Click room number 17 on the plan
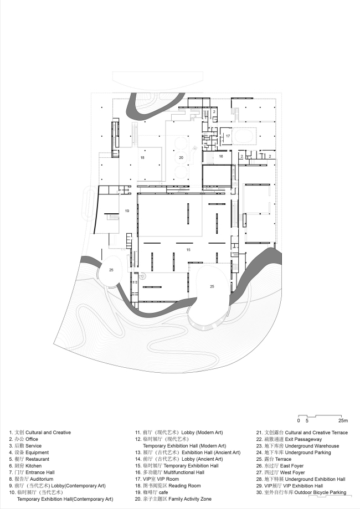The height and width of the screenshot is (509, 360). [228, 136]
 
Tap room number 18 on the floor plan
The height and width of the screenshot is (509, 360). [142, 158]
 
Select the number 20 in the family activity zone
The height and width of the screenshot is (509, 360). [181, 158]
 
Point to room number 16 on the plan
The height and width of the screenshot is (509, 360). [221, 156]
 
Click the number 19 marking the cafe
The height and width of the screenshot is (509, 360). [127, 211]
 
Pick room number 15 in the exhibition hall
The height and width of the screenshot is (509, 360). [188, 250]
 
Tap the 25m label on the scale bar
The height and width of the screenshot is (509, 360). [343, 421]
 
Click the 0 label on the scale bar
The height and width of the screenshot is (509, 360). [299, 421]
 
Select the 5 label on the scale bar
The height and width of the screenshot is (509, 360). [307, 421]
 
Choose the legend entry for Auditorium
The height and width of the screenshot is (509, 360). [31, 479]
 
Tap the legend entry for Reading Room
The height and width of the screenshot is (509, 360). [168, 486]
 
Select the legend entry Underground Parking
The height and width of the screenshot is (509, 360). [294, 453]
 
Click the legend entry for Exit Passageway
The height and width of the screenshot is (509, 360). [289, 439]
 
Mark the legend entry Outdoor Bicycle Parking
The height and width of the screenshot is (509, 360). [301, 492]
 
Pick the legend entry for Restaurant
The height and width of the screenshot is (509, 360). [29, 459]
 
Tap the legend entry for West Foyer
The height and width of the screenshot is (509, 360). [280, 472]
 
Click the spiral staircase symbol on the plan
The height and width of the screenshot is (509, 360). [142, 276]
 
